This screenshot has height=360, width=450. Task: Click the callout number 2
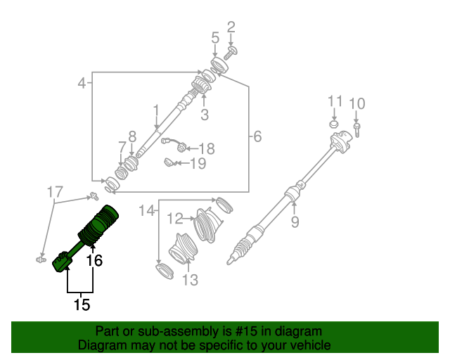231,28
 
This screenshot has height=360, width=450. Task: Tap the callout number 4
82,83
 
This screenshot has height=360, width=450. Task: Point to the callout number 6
257,136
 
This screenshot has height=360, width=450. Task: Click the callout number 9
295,223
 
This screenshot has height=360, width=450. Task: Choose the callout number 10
357,105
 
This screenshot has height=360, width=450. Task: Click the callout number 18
206,148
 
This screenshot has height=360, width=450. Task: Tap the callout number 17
55,191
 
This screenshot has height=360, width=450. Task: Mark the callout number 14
146,210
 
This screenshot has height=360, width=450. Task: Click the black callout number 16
94,261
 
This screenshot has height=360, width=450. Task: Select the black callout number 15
82,304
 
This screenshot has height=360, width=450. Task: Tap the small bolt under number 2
232,51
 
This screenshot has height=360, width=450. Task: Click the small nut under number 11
335,124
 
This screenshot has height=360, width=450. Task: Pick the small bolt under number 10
357,129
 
